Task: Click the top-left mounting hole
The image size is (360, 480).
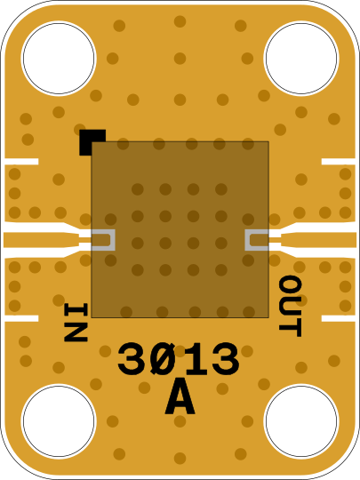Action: (x=59, y=58)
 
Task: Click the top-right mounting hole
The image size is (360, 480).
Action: (x=301, y=58)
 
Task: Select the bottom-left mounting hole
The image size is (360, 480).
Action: (x=59, y=421)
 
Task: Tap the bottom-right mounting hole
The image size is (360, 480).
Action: (x=301, y=421)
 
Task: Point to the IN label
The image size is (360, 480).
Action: (x=76, y=322)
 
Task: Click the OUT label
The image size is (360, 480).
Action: (x=290, y=306)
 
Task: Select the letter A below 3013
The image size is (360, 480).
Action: (x=180, y=396)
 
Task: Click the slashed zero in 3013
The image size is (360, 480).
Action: (x=164, y=359)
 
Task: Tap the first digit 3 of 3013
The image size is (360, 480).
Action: (x=132, y=359)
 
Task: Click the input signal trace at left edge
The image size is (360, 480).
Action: (x=41, y=240)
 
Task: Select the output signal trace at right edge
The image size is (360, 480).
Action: (x=319, y=240)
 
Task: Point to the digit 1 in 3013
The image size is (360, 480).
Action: (x=195, y=359)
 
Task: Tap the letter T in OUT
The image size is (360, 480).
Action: (x=290, y=328)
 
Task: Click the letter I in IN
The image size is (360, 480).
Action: (x=76, y=310)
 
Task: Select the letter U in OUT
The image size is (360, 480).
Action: (x=290, y=306)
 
